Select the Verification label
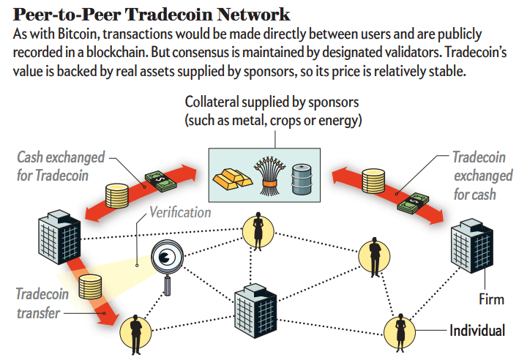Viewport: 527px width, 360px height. click(x=180, y=213)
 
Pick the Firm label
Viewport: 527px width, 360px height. click(x=492, y=300)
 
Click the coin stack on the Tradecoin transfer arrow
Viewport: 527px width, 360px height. click(x=90, y=286)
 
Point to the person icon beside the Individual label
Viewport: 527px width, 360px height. click(x=400, y=330)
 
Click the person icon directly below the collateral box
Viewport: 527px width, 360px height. click(x=258, y=230)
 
